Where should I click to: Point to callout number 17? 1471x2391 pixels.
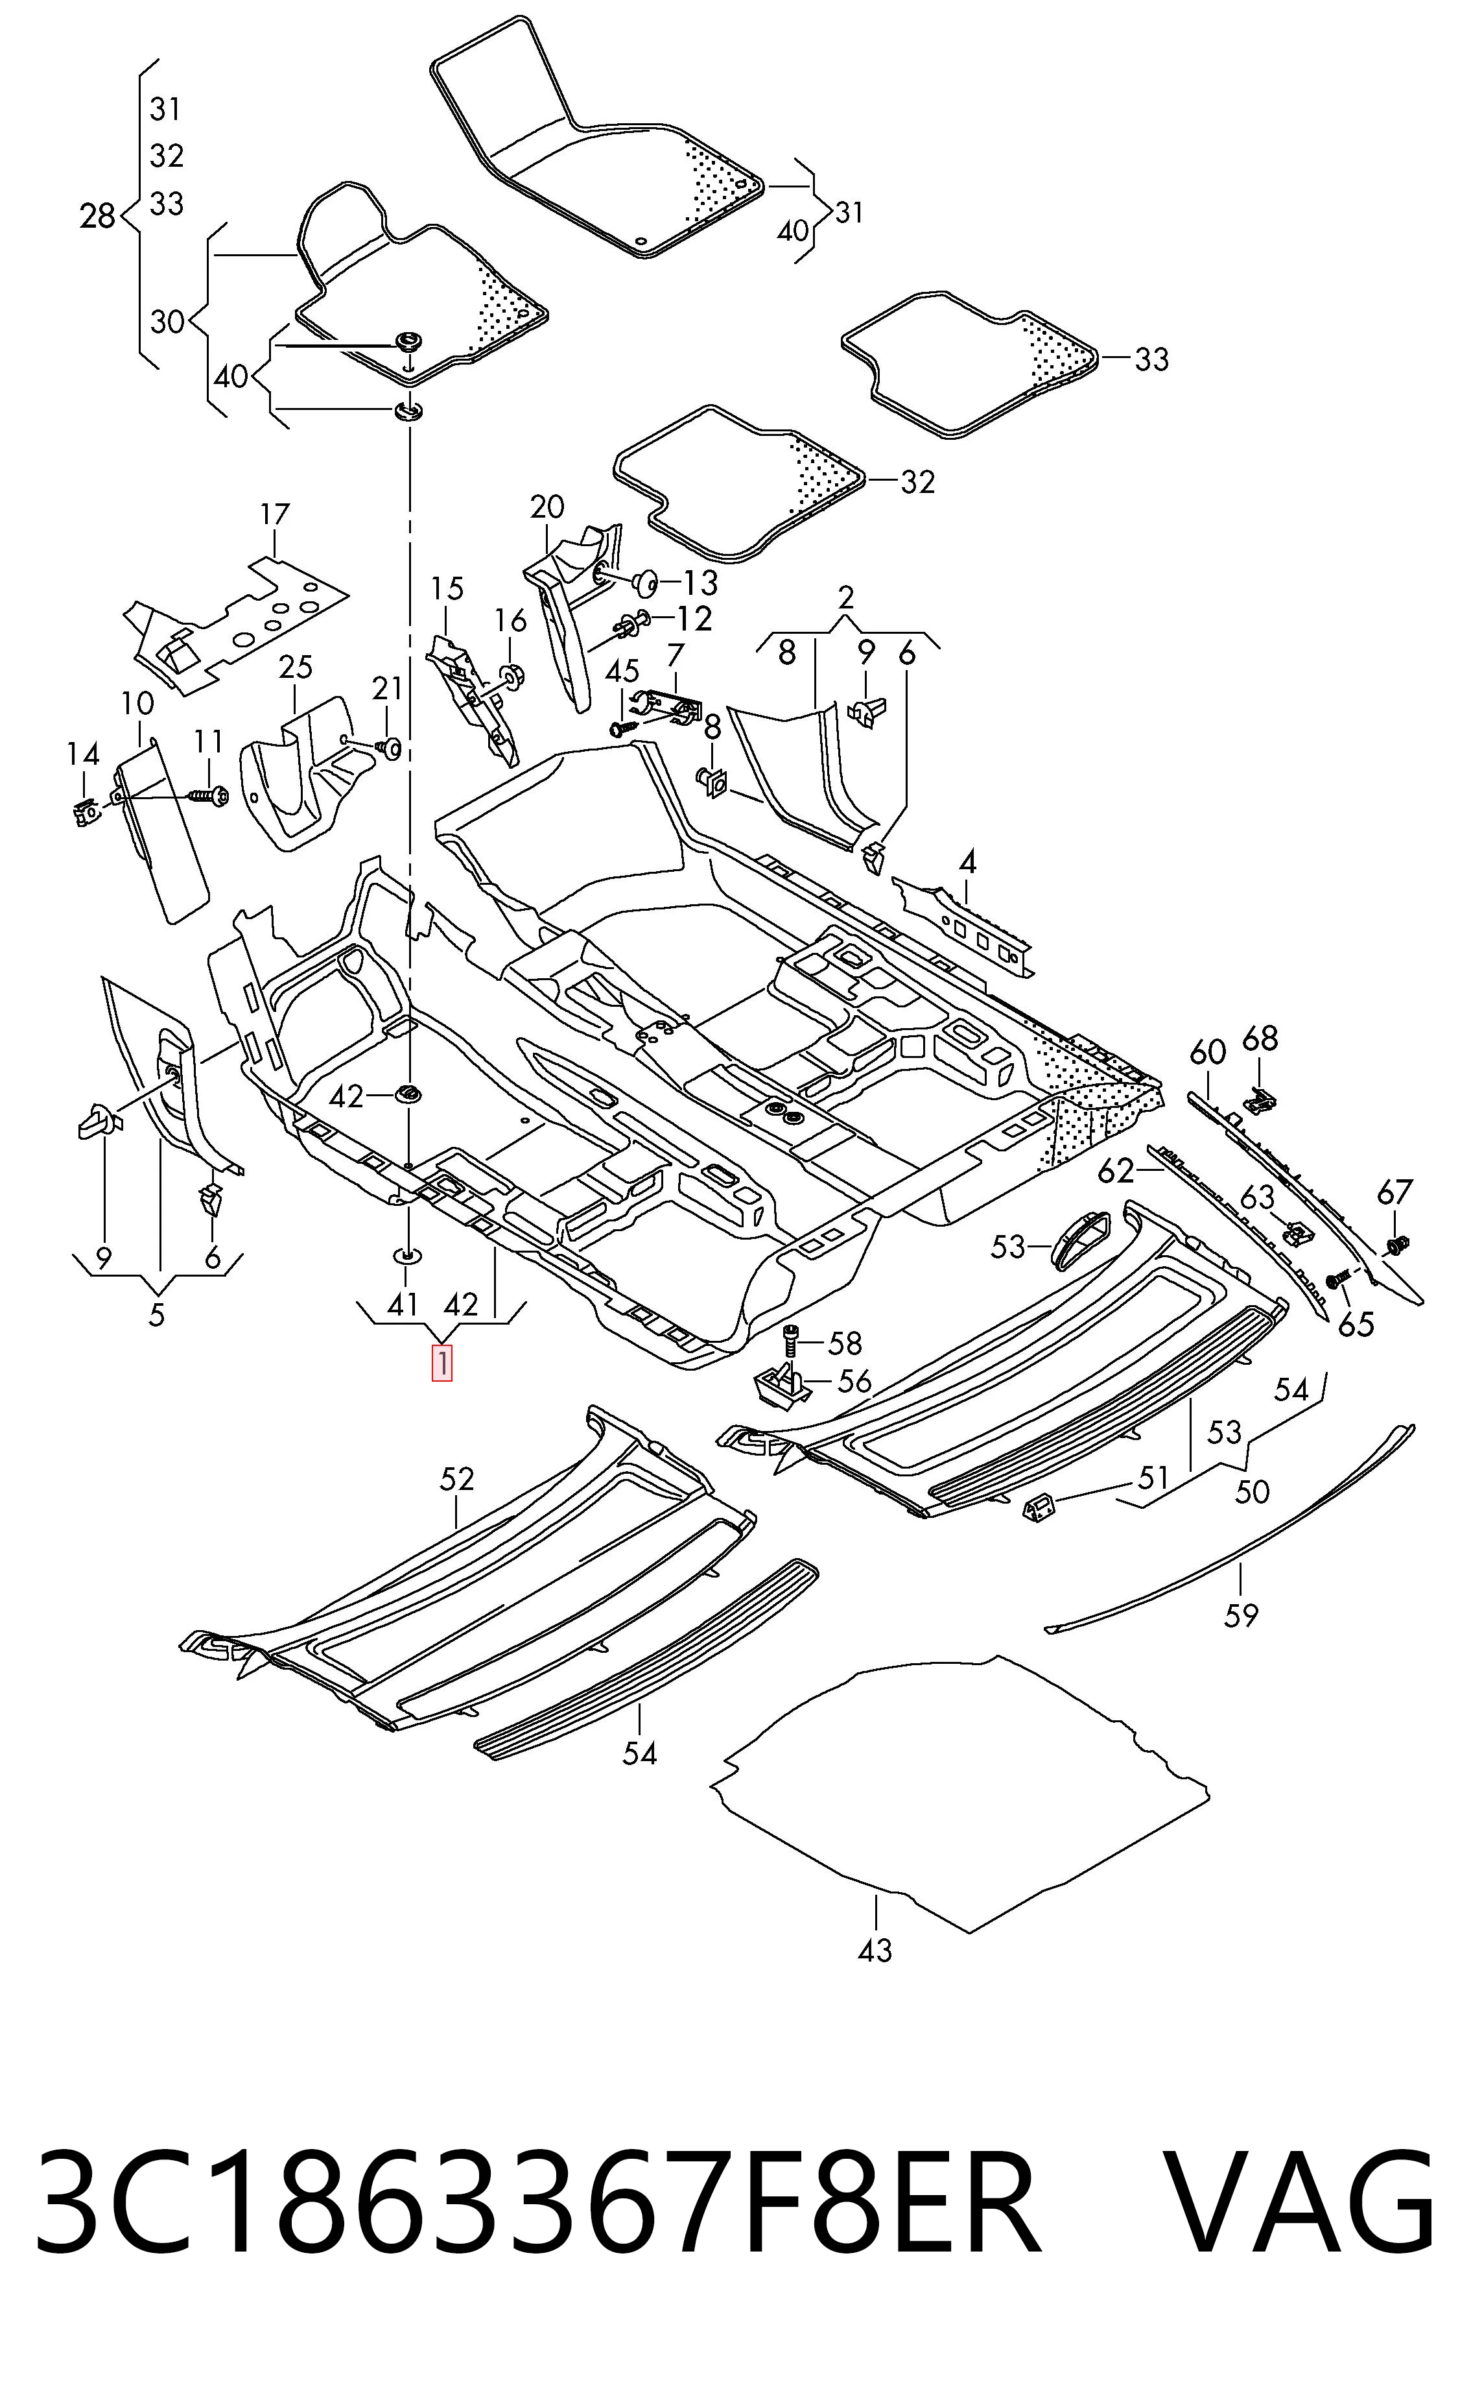click(x=276, y=514)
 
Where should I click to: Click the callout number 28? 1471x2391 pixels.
click(x=97, y=216)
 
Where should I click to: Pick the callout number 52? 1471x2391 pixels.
click(x=456, y=1479)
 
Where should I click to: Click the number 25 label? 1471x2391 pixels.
click(x=296, y=667)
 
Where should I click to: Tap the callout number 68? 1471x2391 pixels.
click(x=1260, y=1039)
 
